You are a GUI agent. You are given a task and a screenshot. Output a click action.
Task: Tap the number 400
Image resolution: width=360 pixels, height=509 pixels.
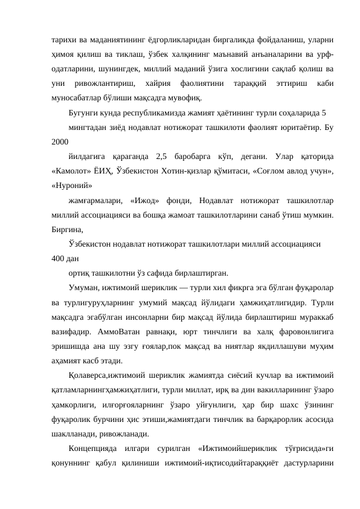(59, 261)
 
